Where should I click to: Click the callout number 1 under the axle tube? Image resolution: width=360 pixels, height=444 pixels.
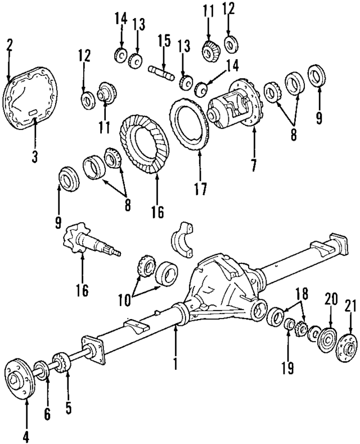(175, 364)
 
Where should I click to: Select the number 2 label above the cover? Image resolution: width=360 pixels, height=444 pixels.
(9, 44)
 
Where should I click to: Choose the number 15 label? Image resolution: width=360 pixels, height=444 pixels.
(163, 42)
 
